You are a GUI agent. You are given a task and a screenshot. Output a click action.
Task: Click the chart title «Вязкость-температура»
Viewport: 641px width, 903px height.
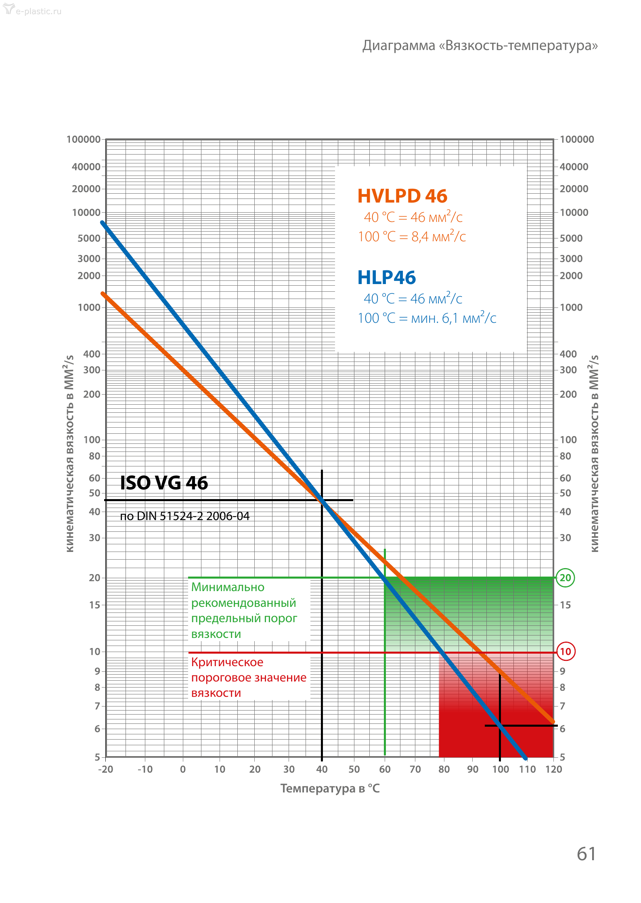[x=480, y=46]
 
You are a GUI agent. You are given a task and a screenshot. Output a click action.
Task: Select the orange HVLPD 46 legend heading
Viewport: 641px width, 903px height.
[x=402, y=196]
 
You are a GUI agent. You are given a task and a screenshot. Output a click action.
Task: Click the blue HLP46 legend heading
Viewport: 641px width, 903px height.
[x=386, y=278]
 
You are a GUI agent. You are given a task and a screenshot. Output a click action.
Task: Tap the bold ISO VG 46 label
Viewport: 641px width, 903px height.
[x=164, y=483]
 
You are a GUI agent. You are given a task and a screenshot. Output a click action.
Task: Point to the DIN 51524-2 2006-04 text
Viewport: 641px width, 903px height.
[x=185, y=516]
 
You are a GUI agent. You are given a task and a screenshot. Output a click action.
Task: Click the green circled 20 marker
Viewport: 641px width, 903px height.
[x=565, y=578]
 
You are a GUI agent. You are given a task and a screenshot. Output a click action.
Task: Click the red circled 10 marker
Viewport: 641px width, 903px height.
[x=566, y=652]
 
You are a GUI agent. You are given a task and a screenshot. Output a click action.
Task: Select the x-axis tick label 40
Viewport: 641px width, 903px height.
[x=322, y=769]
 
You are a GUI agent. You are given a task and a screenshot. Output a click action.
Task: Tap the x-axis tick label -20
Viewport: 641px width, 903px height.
[x=106, y=769]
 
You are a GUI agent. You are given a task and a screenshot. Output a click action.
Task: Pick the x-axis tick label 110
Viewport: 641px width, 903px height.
[x=527, y=769]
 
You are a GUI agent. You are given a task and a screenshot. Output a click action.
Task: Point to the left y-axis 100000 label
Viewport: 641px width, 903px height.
[x=84, y=140]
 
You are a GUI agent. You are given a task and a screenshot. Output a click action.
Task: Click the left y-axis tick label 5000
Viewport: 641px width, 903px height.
[x=89, y=238]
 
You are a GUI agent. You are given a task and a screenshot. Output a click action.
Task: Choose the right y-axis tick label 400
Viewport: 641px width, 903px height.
[x=568, y=354]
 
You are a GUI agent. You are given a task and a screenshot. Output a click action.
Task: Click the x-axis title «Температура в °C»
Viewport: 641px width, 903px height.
[x=330, y=788]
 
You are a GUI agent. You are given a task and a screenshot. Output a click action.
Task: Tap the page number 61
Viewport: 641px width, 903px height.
[x=586, y=854]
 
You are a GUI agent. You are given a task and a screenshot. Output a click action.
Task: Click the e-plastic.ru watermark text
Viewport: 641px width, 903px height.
[x=38, y=11]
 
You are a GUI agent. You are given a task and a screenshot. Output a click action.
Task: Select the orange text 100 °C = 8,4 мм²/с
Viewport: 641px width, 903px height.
[x=412, y=236]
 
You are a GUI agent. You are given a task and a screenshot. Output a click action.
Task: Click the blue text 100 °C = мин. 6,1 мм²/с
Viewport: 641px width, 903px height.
[x=427, y=318]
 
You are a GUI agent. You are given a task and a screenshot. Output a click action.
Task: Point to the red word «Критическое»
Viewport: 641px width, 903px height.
[x=227, y=662]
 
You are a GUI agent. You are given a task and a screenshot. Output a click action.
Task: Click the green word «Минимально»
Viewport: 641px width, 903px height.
[x=228, y=587]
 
